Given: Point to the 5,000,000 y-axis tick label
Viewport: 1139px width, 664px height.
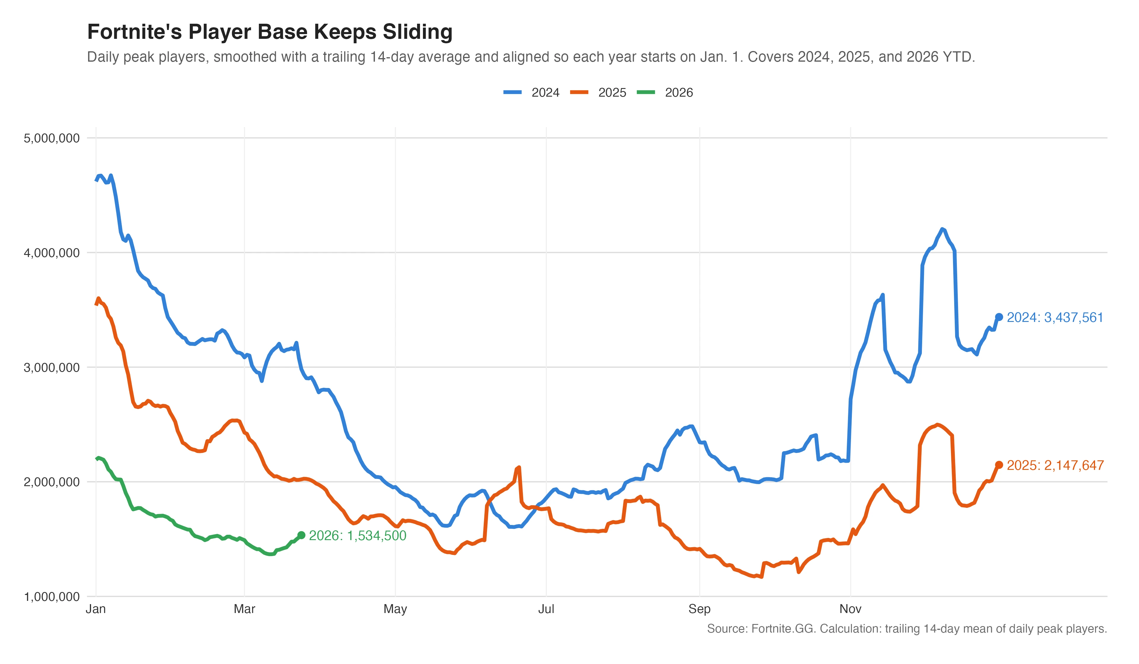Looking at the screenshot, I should (52, 138).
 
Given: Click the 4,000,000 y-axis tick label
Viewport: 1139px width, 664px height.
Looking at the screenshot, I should (52, 253).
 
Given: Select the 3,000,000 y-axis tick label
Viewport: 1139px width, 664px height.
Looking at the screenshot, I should (52, 368).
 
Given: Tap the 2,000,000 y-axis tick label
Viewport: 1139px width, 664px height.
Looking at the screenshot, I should (52, 482).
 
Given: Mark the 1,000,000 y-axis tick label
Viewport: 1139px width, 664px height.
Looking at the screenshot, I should (52, 597).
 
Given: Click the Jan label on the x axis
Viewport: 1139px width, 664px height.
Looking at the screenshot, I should (96, 609).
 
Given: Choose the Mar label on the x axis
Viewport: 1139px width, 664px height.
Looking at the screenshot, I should (244, 609).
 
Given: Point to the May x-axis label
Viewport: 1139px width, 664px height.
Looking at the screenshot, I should (395, 609).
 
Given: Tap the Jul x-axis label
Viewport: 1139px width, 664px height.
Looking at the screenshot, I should (546, 609).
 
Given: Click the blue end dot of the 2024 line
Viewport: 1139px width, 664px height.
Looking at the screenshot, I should (999, 317).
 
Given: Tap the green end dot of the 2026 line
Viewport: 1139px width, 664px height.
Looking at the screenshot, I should (301, 535).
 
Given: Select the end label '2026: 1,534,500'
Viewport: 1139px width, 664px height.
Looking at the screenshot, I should (357, 536).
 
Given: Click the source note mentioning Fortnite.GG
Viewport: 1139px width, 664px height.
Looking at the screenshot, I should (907, 629).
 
